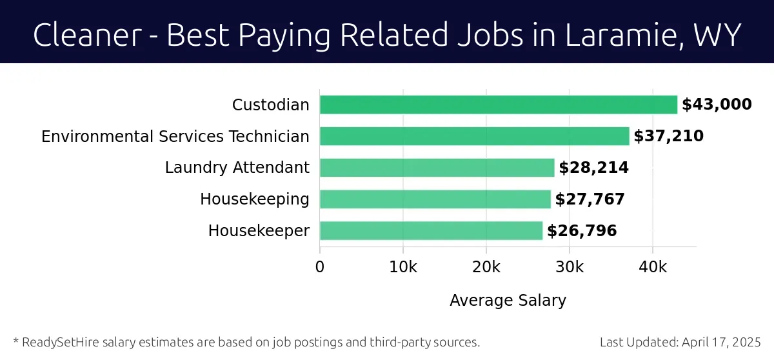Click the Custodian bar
pyautogui.click(x=498, y=105)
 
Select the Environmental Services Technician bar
pyautogui.click(x=474, y=136)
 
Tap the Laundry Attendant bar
pyautogui.click(x=437, y=168)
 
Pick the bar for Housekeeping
pyautogui.click(x=435, y=199)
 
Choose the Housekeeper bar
pyautogui.click(x=431, y=231)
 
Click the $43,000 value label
pyautogui.click(x=717, y=105)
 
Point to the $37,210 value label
pyautogui.click(x=668, y=136)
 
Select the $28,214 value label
pyautogui.click(x=593, y=168)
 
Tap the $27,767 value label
pyautogui.click(x=590, y=199)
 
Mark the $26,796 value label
pyautogui.click(x=582, y=231)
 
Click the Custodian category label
pyautogui.click(x=271, y=105)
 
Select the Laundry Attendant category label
pyautogui.click(x=237, y=168)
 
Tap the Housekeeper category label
pyautogui.click(x=259, y=231)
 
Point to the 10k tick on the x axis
pyautogui.click(x=403, y=267)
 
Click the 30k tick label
pyautogui.click(x=570, y=267)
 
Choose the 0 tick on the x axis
pyautogui.click(x=320, y=267)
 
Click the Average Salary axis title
pyautogui.click(x=508, y=301)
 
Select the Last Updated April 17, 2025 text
pyautogui.click(x=680, y=342)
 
